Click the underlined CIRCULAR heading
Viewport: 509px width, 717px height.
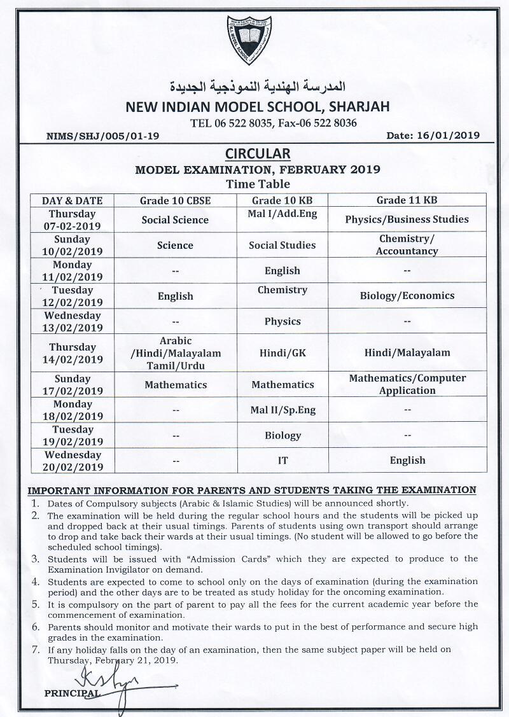point(258,153)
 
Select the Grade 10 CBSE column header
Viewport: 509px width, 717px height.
point(176,200)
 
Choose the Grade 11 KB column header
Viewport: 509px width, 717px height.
point(407,200)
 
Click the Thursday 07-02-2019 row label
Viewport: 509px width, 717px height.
point(72,219)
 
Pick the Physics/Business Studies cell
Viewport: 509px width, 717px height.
point(407,219)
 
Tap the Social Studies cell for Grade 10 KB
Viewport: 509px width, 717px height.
point(282,245)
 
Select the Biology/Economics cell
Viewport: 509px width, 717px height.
point(407,296)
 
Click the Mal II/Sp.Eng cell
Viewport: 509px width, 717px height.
point(282,410)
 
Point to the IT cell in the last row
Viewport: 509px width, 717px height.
point(282,461)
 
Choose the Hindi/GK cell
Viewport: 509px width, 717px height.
point(282,352)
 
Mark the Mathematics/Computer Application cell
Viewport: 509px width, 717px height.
point(407,384)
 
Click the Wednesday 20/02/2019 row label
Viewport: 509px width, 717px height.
point(72,461)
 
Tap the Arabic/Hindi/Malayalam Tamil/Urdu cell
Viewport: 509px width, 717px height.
point(176,353)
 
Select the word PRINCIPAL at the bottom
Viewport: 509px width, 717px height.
point(72,693)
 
